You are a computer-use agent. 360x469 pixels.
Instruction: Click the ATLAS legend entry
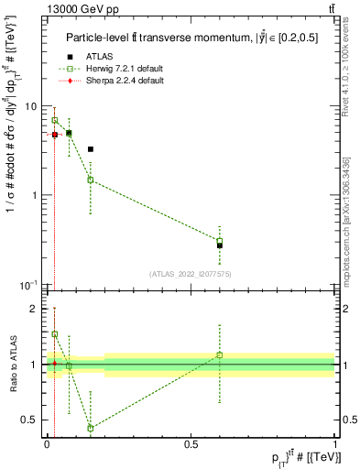(x=99, y=56)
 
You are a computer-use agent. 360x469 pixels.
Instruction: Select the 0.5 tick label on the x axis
(x=191, y=443)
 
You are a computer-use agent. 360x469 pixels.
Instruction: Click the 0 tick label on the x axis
(x=47, y=443)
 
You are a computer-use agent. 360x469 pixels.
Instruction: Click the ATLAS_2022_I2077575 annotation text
(x=191, y=274)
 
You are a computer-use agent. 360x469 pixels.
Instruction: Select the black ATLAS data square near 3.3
(x=91, y=148)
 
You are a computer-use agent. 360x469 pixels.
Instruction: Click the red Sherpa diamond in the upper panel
(x=55, y=135)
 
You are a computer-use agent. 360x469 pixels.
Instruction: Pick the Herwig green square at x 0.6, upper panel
(x=220, y=241)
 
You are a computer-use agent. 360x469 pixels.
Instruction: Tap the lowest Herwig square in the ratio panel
(x=91, y=428)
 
